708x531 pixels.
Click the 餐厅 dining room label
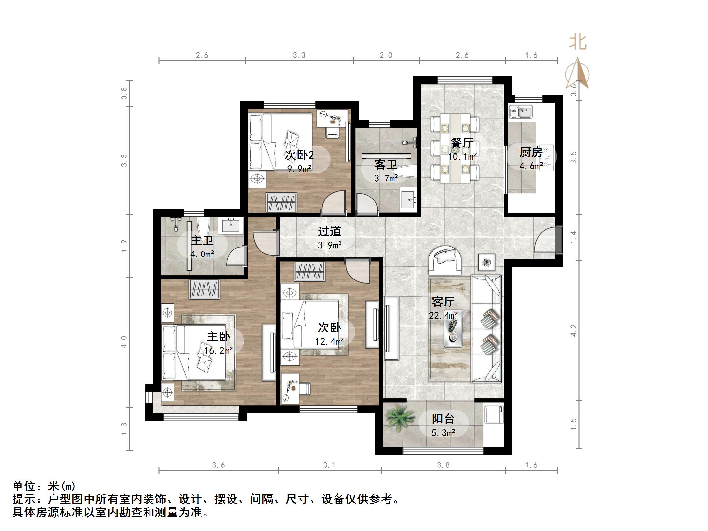point(462,143)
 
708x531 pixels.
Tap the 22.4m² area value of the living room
point(443,315)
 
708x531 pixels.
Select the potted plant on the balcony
point(399,418)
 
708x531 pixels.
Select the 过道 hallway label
point(329,231)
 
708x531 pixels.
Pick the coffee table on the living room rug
point(453,329)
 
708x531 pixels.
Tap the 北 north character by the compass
point(578,42)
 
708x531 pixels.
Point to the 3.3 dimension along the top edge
point(299,55)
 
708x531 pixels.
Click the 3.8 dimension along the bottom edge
point(443,465)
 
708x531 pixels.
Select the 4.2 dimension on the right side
point(573,330)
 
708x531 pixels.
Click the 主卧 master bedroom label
point(218,336)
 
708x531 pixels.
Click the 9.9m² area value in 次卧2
point(299,169)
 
